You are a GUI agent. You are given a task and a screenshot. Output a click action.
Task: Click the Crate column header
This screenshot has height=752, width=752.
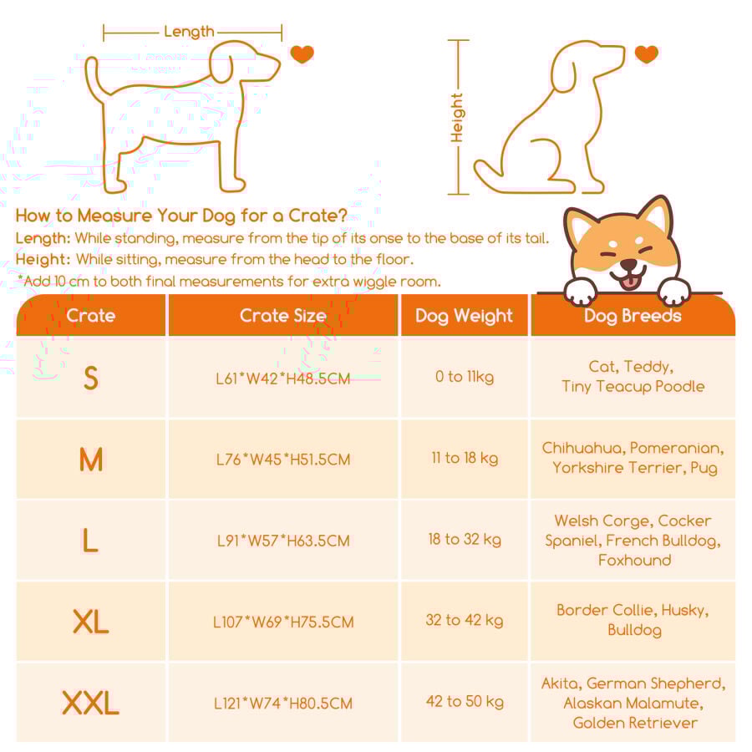90,315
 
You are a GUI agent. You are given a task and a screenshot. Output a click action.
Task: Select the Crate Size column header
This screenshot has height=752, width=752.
283,315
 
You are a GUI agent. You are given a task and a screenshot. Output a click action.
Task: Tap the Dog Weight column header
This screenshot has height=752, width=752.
464,316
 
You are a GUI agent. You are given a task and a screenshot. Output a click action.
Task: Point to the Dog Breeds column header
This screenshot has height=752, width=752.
633,316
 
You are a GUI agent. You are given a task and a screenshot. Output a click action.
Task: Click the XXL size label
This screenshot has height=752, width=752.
90,703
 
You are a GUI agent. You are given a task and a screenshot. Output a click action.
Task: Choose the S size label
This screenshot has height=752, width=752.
90,378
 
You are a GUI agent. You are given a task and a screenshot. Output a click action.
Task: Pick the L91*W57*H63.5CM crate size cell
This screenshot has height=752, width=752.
283,541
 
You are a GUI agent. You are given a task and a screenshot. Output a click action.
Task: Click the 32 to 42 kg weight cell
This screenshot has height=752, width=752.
465,620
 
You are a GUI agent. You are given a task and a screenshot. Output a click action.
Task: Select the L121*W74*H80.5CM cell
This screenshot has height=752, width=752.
283,703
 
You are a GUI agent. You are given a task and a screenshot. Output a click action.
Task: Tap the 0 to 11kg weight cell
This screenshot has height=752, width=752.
465,377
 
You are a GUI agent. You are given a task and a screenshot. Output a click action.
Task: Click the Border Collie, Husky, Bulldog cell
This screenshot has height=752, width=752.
633,620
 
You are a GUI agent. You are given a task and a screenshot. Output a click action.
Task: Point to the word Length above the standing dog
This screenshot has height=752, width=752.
189,32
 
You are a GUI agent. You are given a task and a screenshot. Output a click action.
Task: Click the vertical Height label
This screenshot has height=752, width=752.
456,118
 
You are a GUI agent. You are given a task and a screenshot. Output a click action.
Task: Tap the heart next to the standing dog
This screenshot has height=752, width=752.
302,54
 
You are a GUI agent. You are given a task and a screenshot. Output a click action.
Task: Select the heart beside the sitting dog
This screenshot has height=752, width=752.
646,53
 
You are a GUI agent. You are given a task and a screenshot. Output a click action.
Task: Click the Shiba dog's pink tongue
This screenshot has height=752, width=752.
628,282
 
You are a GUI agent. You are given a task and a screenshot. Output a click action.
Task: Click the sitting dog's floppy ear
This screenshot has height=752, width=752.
563,72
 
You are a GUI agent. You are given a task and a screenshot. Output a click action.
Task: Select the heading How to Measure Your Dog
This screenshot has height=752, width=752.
180,216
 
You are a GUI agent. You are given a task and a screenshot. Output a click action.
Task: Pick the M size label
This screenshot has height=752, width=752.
90,459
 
